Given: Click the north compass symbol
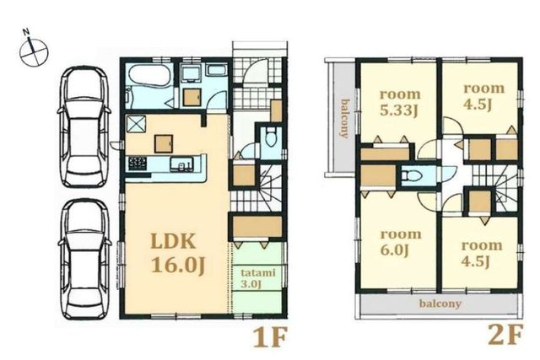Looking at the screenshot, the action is (x=34, y=51).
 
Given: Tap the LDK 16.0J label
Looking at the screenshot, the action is (x=178, y=253).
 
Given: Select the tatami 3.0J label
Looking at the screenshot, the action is (x=258, y=278).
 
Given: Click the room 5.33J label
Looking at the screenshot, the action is (x=400, y=103).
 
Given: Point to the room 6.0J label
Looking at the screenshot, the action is (x=401, y=243).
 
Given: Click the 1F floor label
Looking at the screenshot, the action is (x=270, y=337).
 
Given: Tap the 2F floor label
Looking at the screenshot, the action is (x=505, y=334).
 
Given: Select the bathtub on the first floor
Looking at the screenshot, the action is (x=148, y=75).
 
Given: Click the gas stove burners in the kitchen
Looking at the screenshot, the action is (x=138, y=163).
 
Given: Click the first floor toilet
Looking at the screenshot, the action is (x=272, y=137).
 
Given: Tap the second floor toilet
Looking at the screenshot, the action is (x=413, y=176).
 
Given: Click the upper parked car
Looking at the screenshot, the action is (x=84, y=127).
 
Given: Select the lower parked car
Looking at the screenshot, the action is (x=84, y=260).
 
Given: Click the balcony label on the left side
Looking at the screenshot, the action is (x=344, y=118).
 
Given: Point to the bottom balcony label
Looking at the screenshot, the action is (x=440, y=304).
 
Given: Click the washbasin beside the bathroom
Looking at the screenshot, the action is (x=190, y=73).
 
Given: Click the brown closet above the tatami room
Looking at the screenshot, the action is (x=256, y=227).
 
